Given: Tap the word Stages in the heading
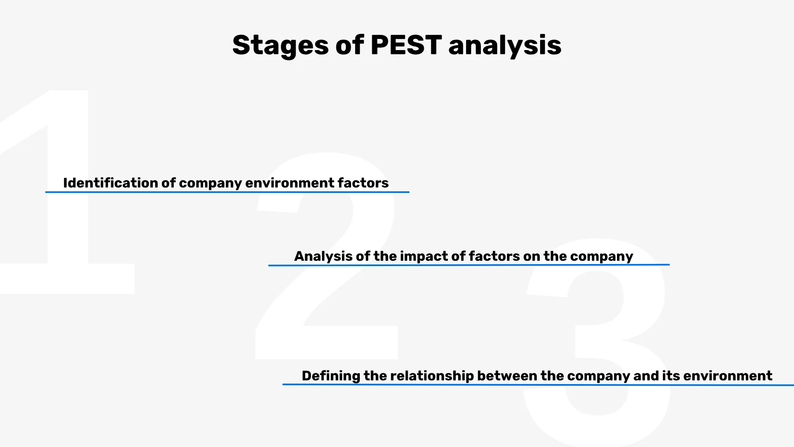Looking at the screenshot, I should tap(280, 46).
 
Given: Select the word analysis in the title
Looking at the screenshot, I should tap(505, 46).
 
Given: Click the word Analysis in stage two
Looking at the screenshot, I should tap(323, 256).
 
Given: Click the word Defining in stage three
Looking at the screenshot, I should tap(331, 376).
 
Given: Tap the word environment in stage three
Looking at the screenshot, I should tap(727, 376).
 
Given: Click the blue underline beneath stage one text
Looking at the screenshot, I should tap(227, 192).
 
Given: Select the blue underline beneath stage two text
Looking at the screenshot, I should tap(469, 265).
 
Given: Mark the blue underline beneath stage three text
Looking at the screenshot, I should tap(538, 385).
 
